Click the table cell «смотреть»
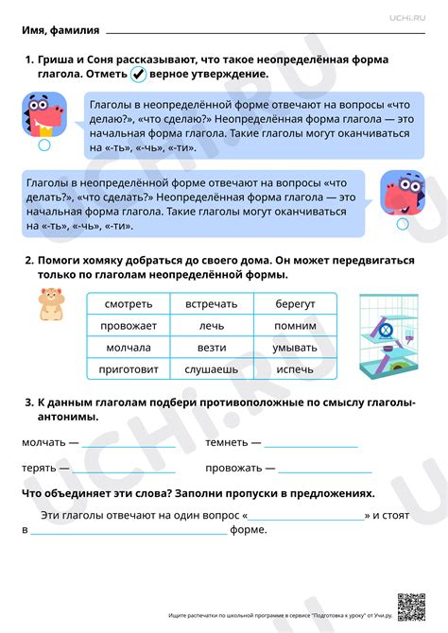pyautogui.click(x=128, y=304)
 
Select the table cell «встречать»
pyautogui.click(x=211, y=304)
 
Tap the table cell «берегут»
pyautogui.click(x=295, y=304)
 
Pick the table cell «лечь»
pyautogui.click(x=211, y=326)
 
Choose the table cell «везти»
pyautogui.click(x=211, y=348)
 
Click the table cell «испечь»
pyautogui.click(x=295, y=369)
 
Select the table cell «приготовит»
pyautogui.click(x=128, y=369)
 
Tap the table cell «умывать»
pyautogui.click(x=295, y=348)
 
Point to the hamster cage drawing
pyautogui.click(x=387, y=337)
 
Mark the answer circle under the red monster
pyautogui.click(x=43, y=146)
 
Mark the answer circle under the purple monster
pyautogui.click(x=403, y=224)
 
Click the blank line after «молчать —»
pyautogui.click(x=129, y=444)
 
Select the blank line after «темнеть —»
pyautogui.click(x=312, y=444)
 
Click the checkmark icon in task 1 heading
pyautogui.click(x=138, y=75)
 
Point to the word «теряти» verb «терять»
pyautogui.click(x=40, y=468)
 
